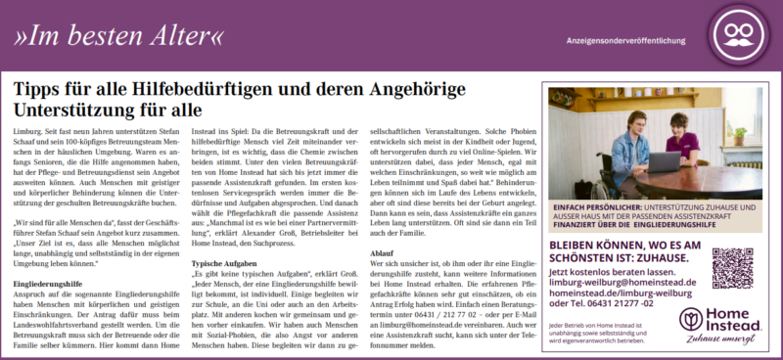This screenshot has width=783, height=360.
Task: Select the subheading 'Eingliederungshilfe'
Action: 53,283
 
